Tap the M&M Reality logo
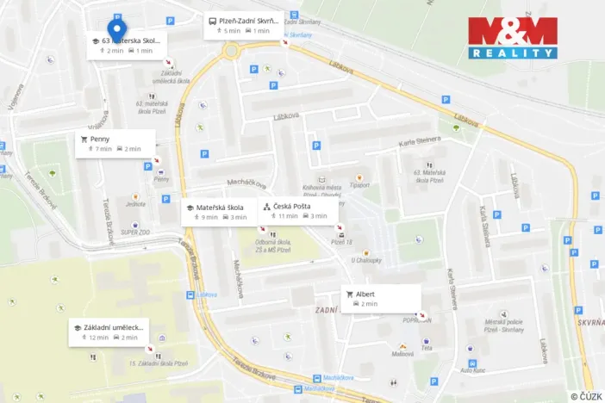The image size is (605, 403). (x=513, y=38)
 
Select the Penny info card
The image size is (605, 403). (x=115, y=143)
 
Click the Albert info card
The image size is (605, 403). (x=381, y=298)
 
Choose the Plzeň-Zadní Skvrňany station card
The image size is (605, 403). (x=243, y=25)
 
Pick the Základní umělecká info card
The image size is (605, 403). (x=109, y=332)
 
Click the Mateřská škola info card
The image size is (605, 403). (x=219, y=212)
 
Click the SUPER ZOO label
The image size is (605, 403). (x=135, y=232)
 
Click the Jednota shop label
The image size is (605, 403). (x=135, y=205)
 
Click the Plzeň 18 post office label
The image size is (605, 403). (x=343, y=242)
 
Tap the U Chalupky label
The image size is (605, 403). (x=365, y=260)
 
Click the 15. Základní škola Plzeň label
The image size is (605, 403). (x=158, y=363)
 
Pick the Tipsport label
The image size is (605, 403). (x=360, y=184)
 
